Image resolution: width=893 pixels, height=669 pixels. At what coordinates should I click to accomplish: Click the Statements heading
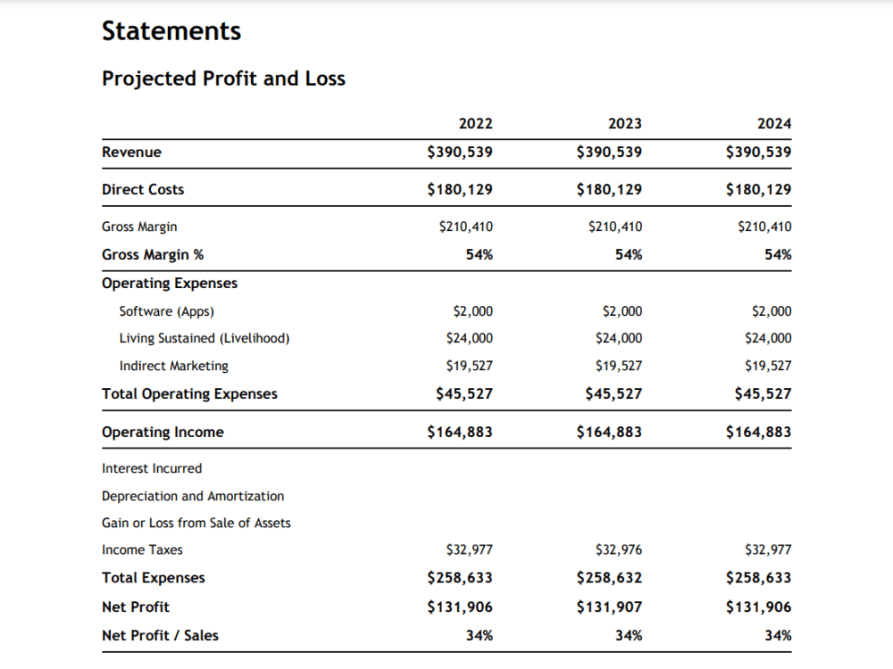171,30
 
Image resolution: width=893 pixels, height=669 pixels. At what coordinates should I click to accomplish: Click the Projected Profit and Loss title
223,78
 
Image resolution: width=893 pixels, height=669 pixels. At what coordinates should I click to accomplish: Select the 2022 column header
476,123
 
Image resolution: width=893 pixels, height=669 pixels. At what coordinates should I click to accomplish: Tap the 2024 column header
774,123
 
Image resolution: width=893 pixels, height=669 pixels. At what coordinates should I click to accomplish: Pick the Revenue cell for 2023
609,152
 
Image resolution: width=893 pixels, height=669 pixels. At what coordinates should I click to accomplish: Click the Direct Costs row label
143,189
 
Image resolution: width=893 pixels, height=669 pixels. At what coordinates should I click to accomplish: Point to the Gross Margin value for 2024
764,227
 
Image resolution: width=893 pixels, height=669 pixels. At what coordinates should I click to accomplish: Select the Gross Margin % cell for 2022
479,254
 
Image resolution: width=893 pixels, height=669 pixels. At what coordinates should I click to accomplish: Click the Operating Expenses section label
170,284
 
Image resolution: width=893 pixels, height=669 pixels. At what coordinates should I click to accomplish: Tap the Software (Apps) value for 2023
622,311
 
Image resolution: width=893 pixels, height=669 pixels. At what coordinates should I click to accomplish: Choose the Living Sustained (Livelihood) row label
204,338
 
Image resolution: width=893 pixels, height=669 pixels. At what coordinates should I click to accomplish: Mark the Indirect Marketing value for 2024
768,365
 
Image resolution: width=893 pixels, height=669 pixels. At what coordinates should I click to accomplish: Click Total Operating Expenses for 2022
464,393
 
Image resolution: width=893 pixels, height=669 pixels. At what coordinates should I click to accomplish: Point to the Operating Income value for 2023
609,432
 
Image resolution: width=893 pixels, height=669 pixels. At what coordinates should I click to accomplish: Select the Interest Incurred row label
152,468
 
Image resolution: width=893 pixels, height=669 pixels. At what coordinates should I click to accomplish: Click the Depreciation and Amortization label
193,496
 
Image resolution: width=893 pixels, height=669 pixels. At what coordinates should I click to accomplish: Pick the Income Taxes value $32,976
619,549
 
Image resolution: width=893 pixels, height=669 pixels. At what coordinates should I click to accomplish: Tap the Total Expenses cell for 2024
758,577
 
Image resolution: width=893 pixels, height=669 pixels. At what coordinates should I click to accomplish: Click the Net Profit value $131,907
609,607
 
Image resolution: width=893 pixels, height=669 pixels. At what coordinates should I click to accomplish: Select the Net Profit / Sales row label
160,635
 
